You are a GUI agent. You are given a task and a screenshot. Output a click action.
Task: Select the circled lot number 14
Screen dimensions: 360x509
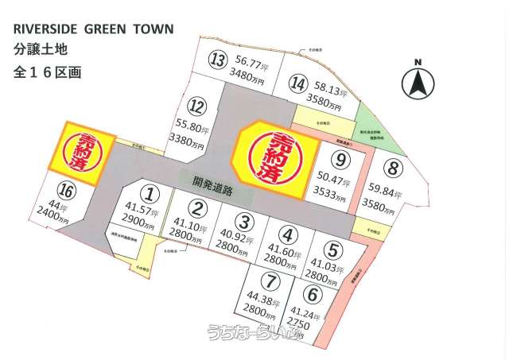(299, 83)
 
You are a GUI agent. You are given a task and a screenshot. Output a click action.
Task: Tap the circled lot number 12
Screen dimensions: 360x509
(196, 106)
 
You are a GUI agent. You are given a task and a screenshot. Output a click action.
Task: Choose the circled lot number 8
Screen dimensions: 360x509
(393, 168)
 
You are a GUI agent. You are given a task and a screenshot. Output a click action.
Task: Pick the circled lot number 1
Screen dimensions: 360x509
(150, 192)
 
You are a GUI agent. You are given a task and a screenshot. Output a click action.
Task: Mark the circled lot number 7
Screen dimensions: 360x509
(272, 281)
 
